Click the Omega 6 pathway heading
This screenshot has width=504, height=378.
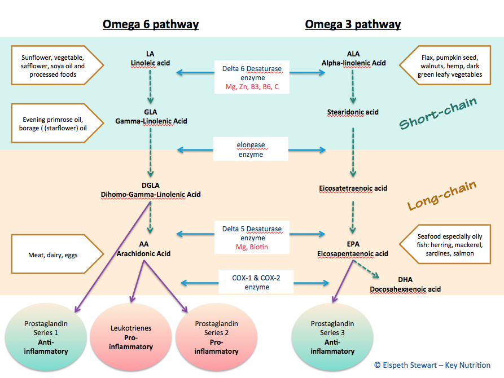[x=150, y=24]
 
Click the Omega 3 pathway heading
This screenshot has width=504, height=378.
[x=353, y=24]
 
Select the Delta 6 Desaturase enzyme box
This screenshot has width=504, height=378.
[x=252, y=78]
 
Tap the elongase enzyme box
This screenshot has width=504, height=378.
[x=251, y=150]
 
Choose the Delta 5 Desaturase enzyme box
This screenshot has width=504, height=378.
[x=252, y=238]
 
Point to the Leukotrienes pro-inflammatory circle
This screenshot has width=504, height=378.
[x=131, y=337]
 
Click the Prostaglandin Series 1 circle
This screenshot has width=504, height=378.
[x=46, y=337]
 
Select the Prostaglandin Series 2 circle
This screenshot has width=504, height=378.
[x=216, y=337]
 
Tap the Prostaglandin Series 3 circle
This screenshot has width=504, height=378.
[x=332, y=337]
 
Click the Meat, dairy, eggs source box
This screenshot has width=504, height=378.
[x=54, y=255]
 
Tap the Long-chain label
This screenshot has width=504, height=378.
[x=442, y=195]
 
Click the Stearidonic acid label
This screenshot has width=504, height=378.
[x=353, y=112]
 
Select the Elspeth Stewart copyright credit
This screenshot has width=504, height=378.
[x=432, y=365]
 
